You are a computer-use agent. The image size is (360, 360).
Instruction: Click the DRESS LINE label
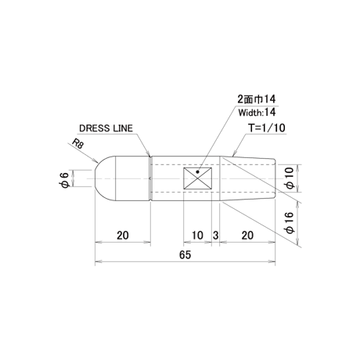coord(106,128)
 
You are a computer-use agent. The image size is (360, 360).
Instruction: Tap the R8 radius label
coord(77,143)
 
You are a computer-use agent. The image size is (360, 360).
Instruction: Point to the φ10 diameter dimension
coord(290,178)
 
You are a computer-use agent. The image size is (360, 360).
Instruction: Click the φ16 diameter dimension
coord(290,223)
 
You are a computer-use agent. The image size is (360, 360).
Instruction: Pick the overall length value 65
coord(185,254)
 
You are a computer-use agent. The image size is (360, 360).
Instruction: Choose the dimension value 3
coord(215,236)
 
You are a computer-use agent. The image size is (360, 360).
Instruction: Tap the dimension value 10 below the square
coord(197,236)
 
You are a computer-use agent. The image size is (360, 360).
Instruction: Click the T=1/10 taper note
coord(267,128)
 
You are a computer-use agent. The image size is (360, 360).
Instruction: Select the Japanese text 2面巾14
coord(256,99)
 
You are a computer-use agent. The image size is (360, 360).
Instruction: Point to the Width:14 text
coord(257,113)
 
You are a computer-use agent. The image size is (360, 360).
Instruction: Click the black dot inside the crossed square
coord(198,171)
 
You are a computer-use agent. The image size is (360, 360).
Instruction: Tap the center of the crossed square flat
coord(197,178)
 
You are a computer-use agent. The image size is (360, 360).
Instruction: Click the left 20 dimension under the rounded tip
coord(123,236)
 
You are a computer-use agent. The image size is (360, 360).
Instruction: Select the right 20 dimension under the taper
coord(247,236)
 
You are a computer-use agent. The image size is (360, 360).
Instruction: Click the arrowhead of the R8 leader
coord(95,161)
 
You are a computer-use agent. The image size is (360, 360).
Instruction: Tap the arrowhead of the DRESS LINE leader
coord(149,154)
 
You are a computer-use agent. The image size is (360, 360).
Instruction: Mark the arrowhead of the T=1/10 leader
coord(234,153)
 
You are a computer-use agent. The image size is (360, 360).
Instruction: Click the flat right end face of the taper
coord(275,178)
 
